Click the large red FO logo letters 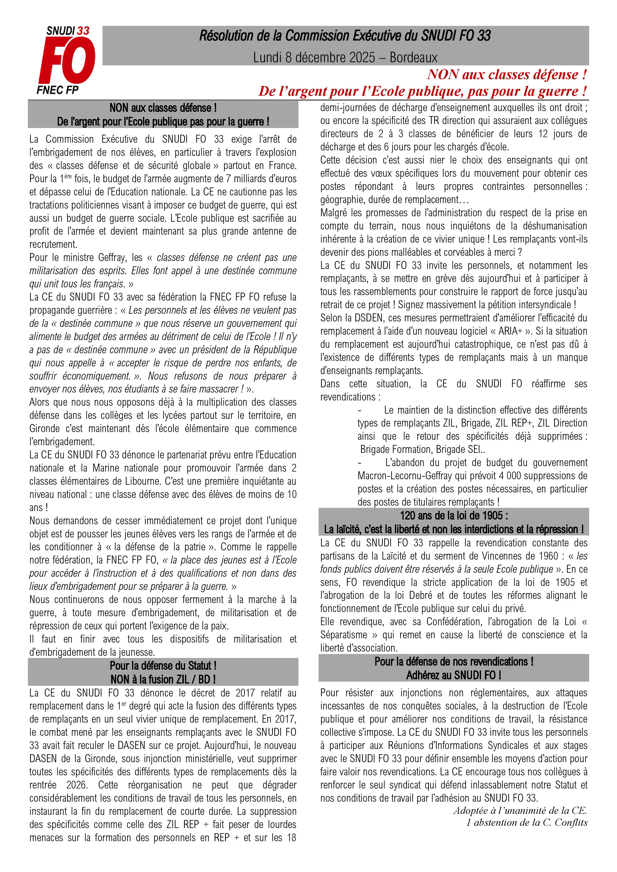pos(67,61)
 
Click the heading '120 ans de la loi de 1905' pos(454,515)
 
